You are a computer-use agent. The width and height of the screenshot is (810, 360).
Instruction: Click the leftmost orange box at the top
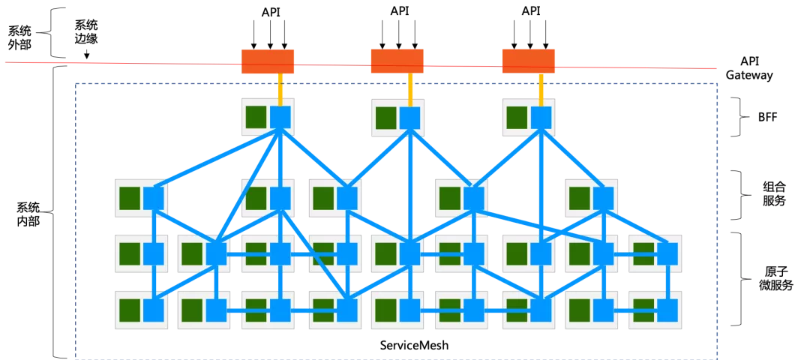(x=268, y=61)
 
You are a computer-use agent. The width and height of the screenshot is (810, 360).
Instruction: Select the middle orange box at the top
(x=397, y=61)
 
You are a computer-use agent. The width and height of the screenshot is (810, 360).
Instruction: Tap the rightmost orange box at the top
(x=528, y=61)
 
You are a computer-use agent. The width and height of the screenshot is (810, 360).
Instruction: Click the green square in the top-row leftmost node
(x=256, y=117)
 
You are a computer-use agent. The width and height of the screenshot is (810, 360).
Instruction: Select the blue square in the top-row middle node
(x=409, y=118)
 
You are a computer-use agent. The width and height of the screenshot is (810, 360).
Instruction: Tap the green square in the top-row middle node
(x=386, y=118)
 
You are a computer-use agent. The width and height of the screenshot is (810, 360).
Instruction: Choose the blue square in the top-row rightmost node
(x=541, y=117)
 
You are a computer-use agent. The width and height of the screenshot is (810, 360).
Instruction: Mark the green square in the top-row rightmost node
(x=517, y=117)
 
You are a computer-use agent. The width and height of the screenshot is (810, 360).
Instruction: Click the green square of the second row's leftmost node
(x=130, y=198)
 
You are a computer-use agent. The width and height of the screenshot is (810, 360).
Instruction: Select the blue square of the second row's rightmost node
(x=603, y=198)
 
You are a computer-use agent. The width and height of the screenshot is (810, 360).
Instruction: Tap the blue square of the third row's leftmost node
(x=153, y=253)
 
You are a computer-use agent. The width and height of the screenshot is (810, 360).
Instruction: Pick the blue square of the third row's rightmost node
(x=667, y=253)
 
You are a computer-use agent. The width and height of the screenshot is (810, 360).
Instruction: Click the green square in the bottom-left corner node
(x=130, y=310)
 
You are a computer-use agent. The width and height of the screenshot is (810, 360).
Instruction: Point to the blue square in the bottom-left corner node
(x=153, y=310)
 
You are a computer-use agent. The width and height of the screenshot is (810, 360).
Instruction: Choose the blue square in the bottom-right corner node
(x=667, y=310)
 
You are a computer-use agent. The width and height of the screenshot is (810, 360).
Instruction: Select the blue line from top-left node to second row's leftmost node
(x=217, y=158)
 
